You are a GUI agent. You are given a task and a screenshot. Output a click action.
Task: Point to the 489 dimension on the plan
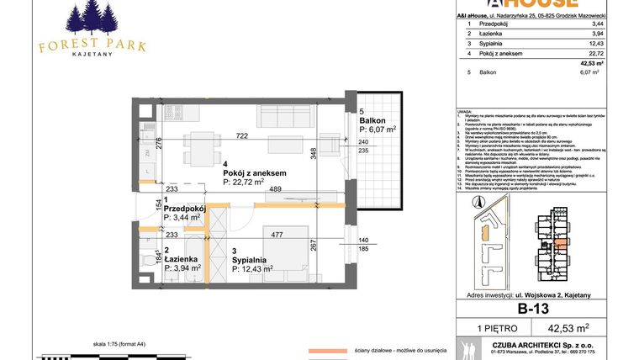(275, 189)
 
